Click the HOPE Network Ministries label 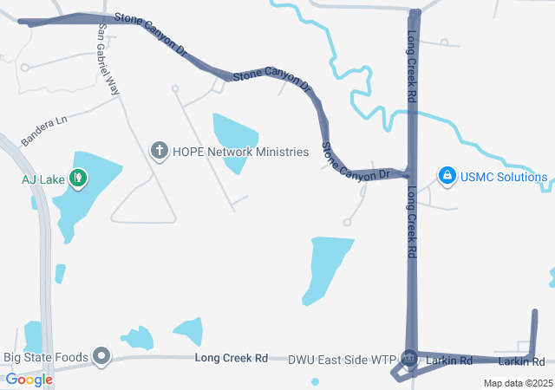tap(240, 152)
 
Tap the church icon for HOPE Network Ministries tap(159, 152)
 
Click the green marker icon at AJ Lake tap(78, 179)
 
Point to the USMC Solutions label tap(503, 178)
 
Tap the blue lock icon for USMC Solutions tap(447, 177)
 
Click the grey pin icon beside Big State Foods tap(102, 355)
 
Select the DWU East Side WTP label tap(341, 359)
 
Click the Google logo tap(29, 380)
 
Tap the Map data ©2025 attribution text tap(517, 383)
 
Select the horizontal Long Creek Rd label tap(231, 357)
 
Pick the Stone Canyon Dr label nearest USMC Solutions tap(356, 163)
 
